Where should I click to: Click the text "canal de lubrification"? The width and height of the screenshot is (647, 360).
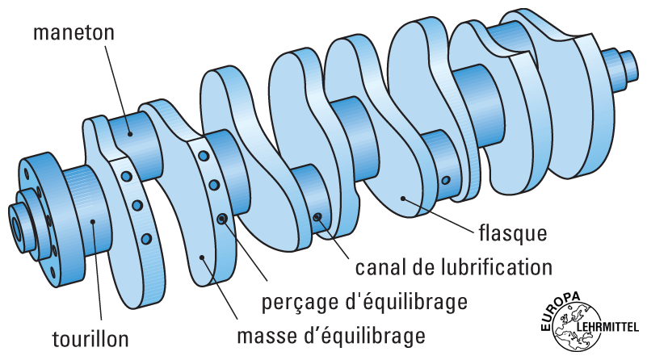(x=453, y=266)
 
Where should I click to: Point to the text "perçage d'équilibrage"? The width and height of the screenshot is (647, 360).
(x=365, y=303)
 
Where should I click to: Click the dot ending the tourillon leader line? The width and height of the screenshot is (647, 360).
(x=93, y=220)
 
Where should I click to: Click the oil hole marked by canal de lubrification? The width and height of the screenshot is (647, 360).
(x=318, y=216)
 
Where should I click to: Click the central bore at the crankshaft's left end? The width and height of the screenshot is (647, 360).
(x=16, y=224)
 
